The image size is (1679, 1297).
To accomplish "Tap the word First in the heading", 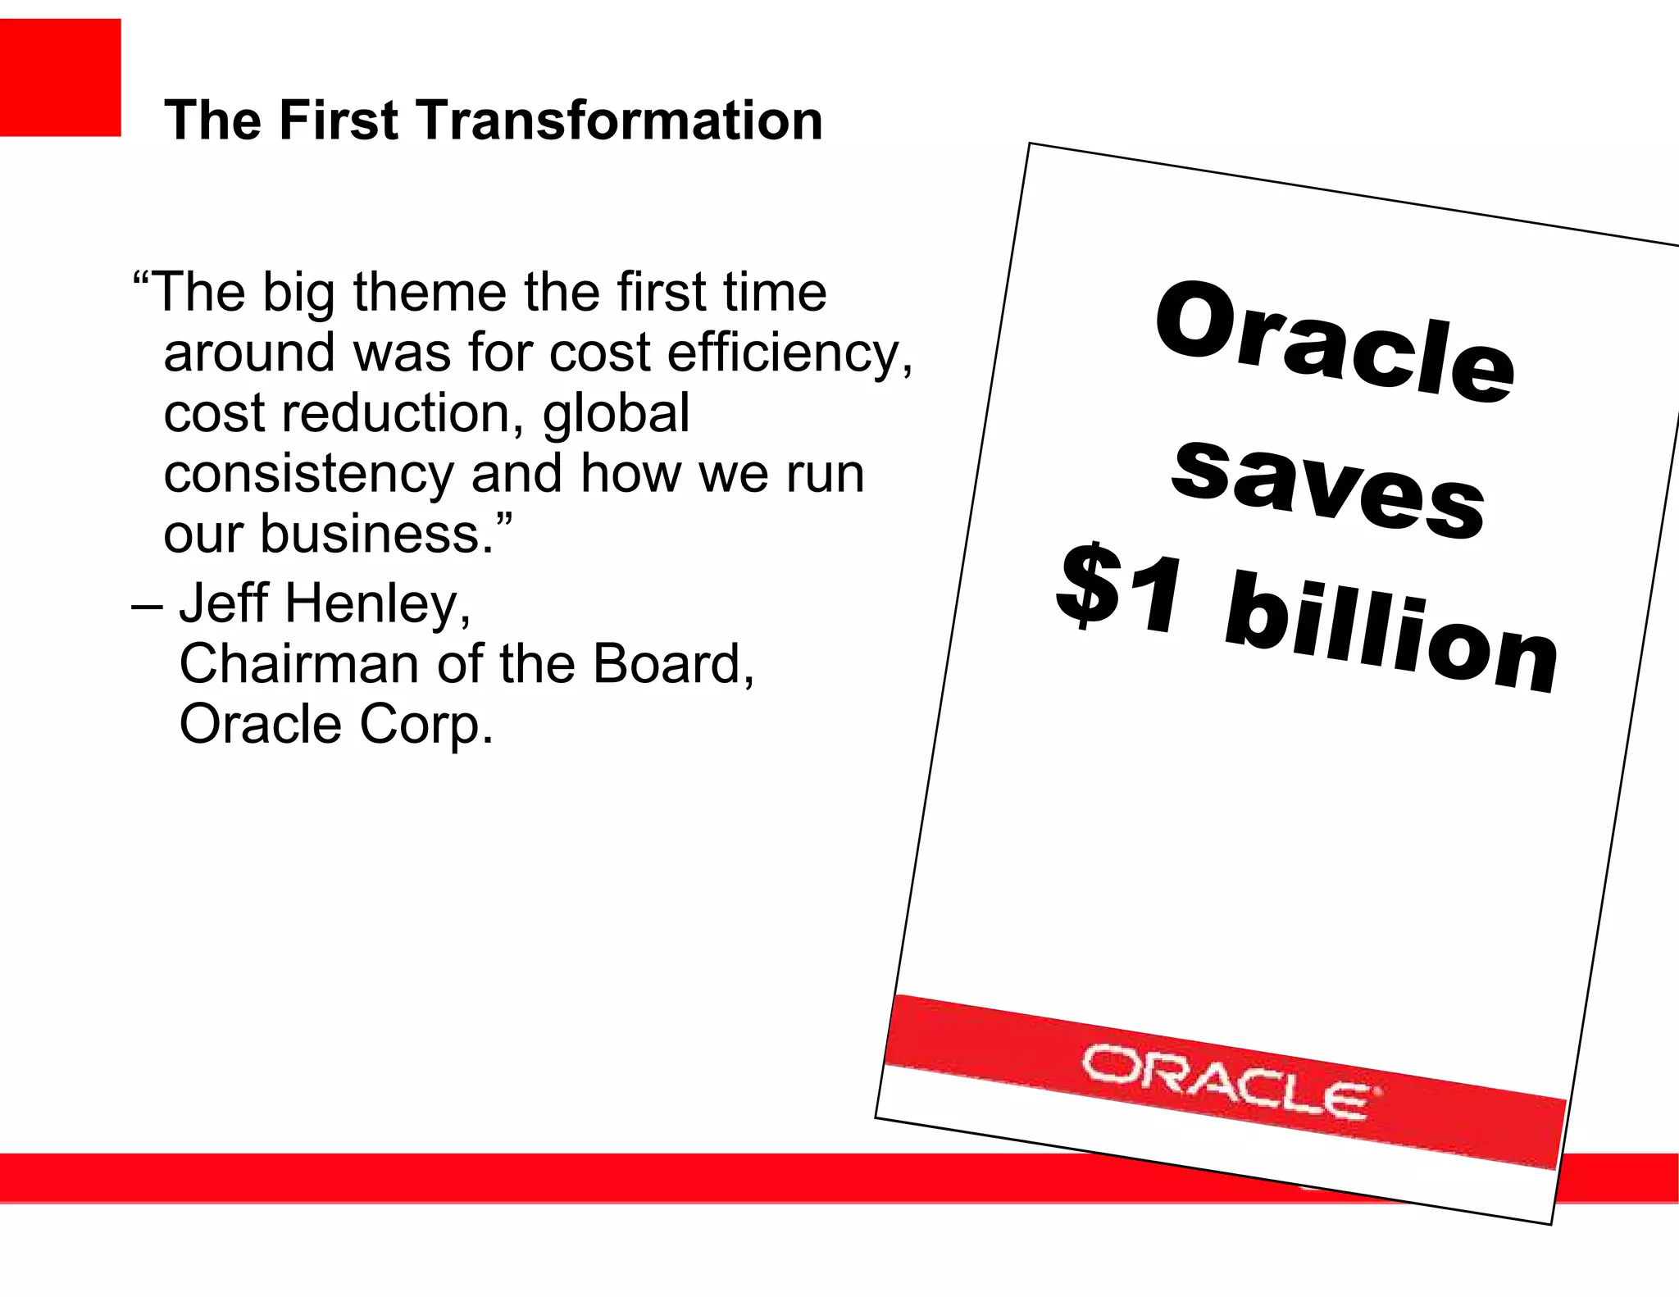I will click(338, 121).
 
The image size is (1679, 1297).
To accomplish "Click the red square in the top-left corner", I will click(60, 77).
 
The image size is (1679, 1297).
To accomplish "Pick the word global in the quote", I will click(616, 415).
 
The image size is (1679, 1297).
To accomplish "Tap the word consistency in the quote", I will click(308, 476).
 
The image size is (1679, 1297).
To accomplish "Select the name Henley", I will click(377, 604).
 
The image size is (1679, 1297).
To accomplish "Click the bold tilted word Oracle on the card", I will click(1334, 342).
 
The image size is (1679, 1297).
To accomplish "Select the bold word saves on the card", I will click(1327, 489).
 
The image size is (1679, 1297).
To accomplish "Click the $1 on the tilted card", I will click(1120, 588).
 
